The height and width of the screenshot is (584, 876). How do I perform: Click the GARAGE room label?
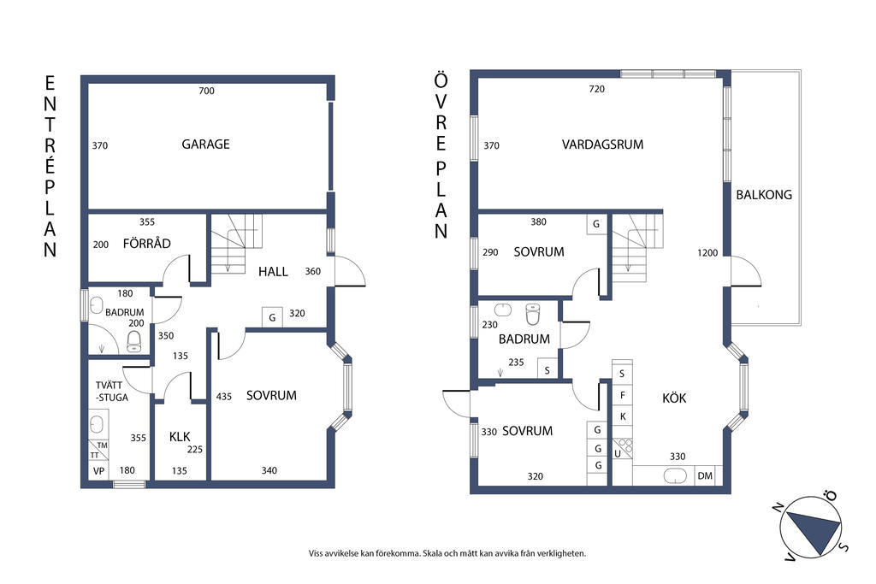(x=205, y=144)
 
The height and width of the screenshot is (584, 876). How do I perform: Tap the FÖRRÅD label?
(x=147, y=244)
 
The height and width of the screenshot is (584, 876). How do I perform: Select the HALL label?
(x=273, y=272)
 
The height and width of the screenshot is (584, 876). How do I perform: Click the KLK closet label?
(x=180, y=437)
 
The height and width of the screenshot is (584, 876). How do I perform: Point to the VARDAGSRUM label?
(x=603, y=145)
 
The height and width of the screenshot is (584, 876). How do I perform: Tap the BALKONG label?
(x=764, y=195)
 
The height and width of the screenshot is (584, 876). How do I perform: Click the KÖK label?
(x=674, y=398)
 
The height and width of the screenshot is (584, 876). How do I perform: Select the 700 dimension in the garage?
(x=207, y=91)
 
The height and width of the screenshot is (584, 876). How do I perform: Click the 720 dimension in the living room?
(x=596, y=89)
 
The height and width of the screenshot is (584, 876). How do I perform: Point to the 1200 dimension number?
(x=707, y=253)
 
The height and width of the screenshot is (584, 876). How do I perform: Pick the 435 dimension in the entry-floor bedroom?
(x=224, y=397)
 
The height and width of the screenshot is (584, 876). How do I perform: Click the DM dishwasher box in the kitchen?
(x=705, y=475)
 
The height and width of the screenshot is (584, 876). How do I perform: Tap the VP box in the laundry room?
(x=99, y=471)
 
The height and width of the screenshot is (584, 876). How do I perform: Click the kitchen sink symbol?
(x=675, y=476)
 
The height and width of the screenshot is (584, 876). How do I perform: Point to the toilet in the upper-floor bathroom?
(x=534, y=314)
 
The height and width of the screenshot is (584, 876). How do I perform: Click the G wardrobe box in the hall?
(x=272, y=317)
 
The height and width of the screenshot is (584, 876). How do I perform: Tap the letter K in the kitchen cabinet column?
(x=623, y=416)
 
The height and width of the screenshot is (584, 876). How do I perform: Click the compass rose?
(x=811, y=527)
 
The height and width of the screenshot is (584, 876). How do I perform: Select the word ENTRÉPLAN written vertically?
(x=50, y=167)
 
